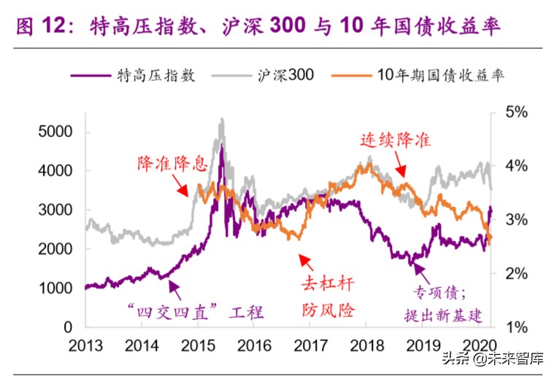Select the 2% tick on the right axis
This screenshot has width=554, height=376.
click(x=515, y=273)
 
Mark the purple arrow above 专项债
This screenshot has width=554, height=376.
click(x=419, y=271)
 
